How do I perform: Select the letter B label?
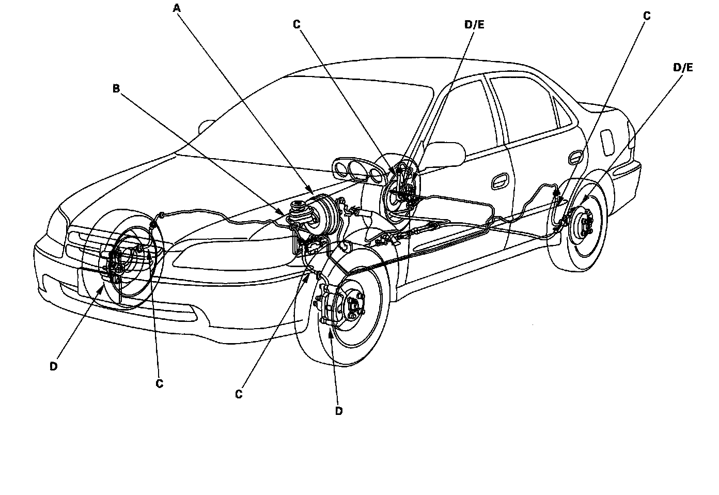point(116,89)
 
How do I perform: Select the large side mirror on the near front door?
point(444,154)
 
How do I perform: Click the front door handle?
point(499,180)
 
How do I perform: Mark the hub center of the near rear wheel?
point(587,224)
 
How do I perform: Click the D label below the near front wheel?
point(339,411)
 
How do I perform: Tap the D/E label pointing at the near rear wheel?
point(683,67)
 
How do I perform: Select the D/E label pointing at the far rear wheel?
point(474,24)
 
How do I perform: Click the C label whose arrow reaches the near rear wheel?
point(647,16)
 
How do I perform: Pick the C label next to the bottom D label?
point(239,394)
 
